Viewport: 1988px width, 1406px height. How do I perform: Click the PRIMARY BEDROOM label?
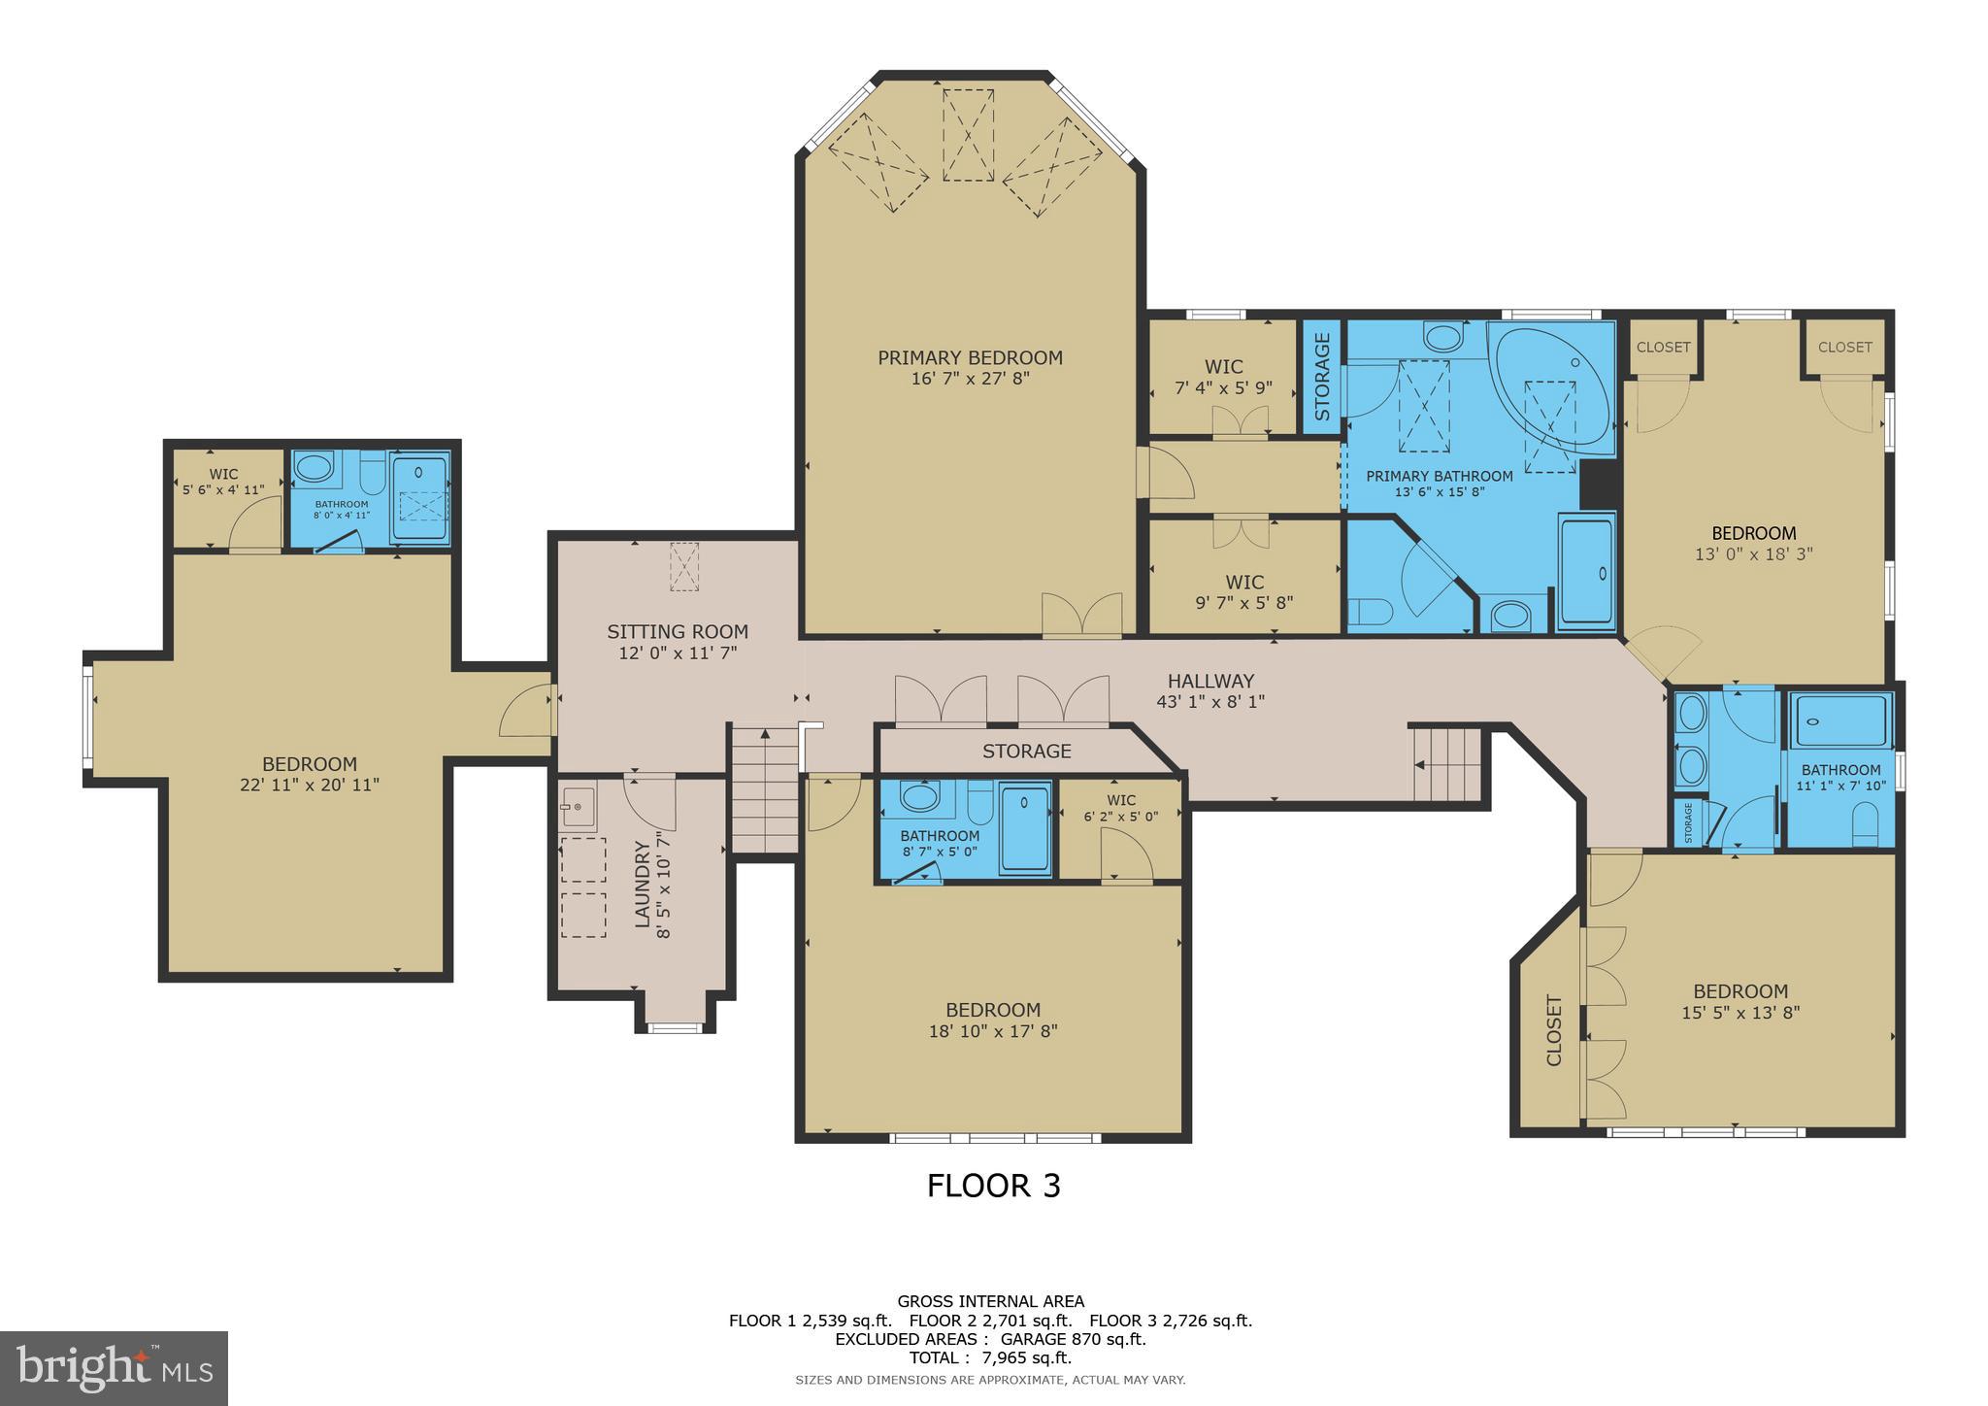point(970,358)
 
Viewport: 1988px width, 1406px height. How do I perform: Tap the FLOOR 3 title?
point(993,1186)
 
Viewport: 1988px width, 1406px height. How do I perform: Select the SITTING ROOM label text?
point(678,632)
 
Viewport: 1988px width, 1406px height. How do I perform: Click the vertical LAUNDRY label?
point(643,885)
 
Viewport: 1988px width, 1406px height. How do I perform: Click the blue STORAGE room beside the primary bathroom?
point(1321,377)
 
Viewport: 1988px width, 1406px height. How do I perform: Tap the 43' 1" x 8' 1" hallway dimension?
point(1210,702)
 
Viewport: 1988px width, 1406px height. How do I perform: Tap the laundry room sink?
point(578,807)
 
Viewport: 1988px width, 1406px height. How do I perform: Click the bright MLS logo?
point(114,1368)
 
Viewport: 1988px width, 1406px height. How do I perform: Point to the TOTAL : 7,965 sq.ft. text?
point(990,1358)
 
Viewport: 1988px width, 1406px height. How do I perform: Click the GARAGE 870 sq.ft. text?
point(1074,1339)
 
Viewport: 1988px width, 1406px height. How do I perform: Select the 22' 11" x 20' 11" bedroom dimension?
point(310,785)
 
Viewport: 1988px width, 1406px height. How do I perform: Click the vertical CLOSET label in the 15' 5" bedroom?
point(1554,1030)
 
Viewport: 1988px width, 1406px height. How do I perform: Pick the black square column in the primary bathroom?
point(1596,484)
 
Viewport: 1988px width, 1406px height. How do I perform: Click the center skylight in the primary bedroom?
point(968,134)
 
